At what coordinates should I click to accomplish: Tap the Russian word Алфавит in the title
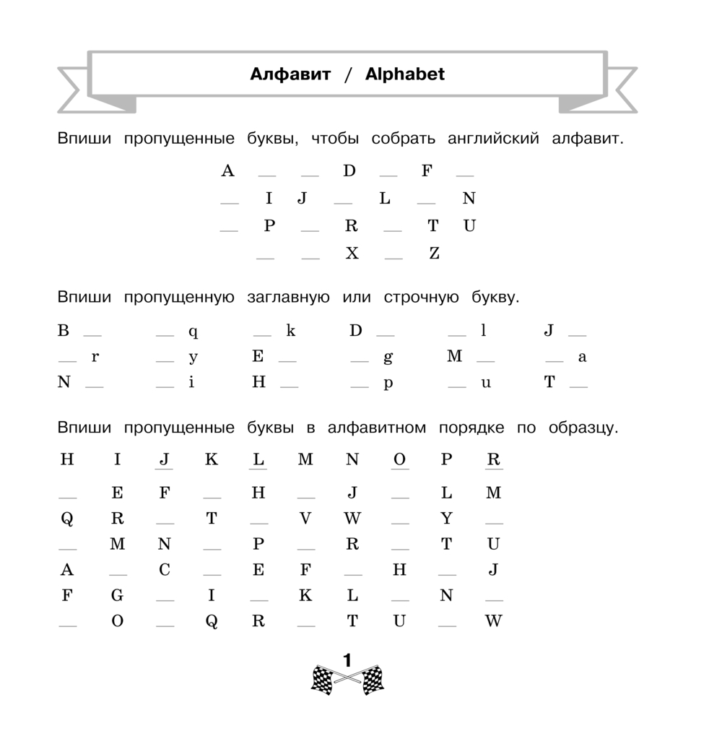[x=290, y=74]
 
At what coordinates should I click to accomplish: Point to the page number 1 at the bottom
[x=347, y=660]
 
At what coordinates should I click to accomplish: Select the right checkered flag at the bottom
[x=372, y=680]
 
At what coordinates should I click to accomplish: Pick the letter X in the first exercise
[x=352, y=253]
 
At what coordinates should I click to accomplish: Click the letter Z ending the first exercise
[x=434, y=253]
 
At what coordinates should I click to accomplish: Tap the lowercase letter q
[x=193, y=332]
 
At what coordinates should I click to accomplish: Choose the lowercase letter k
[x=291, y=331]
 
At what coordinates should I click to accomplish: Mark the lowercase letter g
[x=388, y=357]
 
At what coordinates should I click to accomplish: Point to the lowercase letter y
[x=193, y=358]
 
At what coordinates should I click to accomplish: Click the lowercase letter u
[x=486, y=383]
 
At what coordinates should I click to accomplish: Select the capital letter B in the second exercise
[x=64, y=331]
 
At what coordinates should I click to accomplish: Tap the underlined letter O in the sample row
[x=399, y=459]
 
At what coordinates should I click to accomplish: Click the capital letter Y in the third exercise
[x=447, y=518]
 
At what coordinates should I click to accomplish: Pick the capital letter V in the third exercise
[x=305, y=518]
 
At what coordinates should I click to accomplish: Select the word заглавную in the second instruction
[x=288, y=297]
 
